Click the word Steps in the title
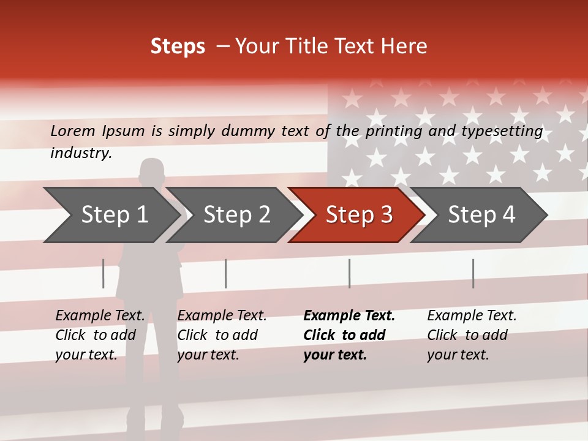click(x=178, y=46)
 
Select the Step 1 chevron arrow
click(x=113, y=214)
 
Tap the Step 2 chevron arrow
click(x=236, y=214)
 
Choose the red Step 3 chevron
click(x=358, y=214)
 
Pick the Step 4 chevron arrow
click(x=481, y=214)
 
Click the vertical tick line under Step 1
click(x=104, y=273)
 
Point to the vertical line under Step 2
click(x=226, y=273)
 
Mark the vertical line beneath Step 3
click(x=350, y=273)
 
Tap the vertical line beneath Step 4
click(x=473, y=273)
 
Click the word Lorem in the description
click(x=73, y=130)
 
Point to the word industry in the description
click(x=81, y=153)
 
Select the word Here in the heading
click(x=404, y=46)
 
